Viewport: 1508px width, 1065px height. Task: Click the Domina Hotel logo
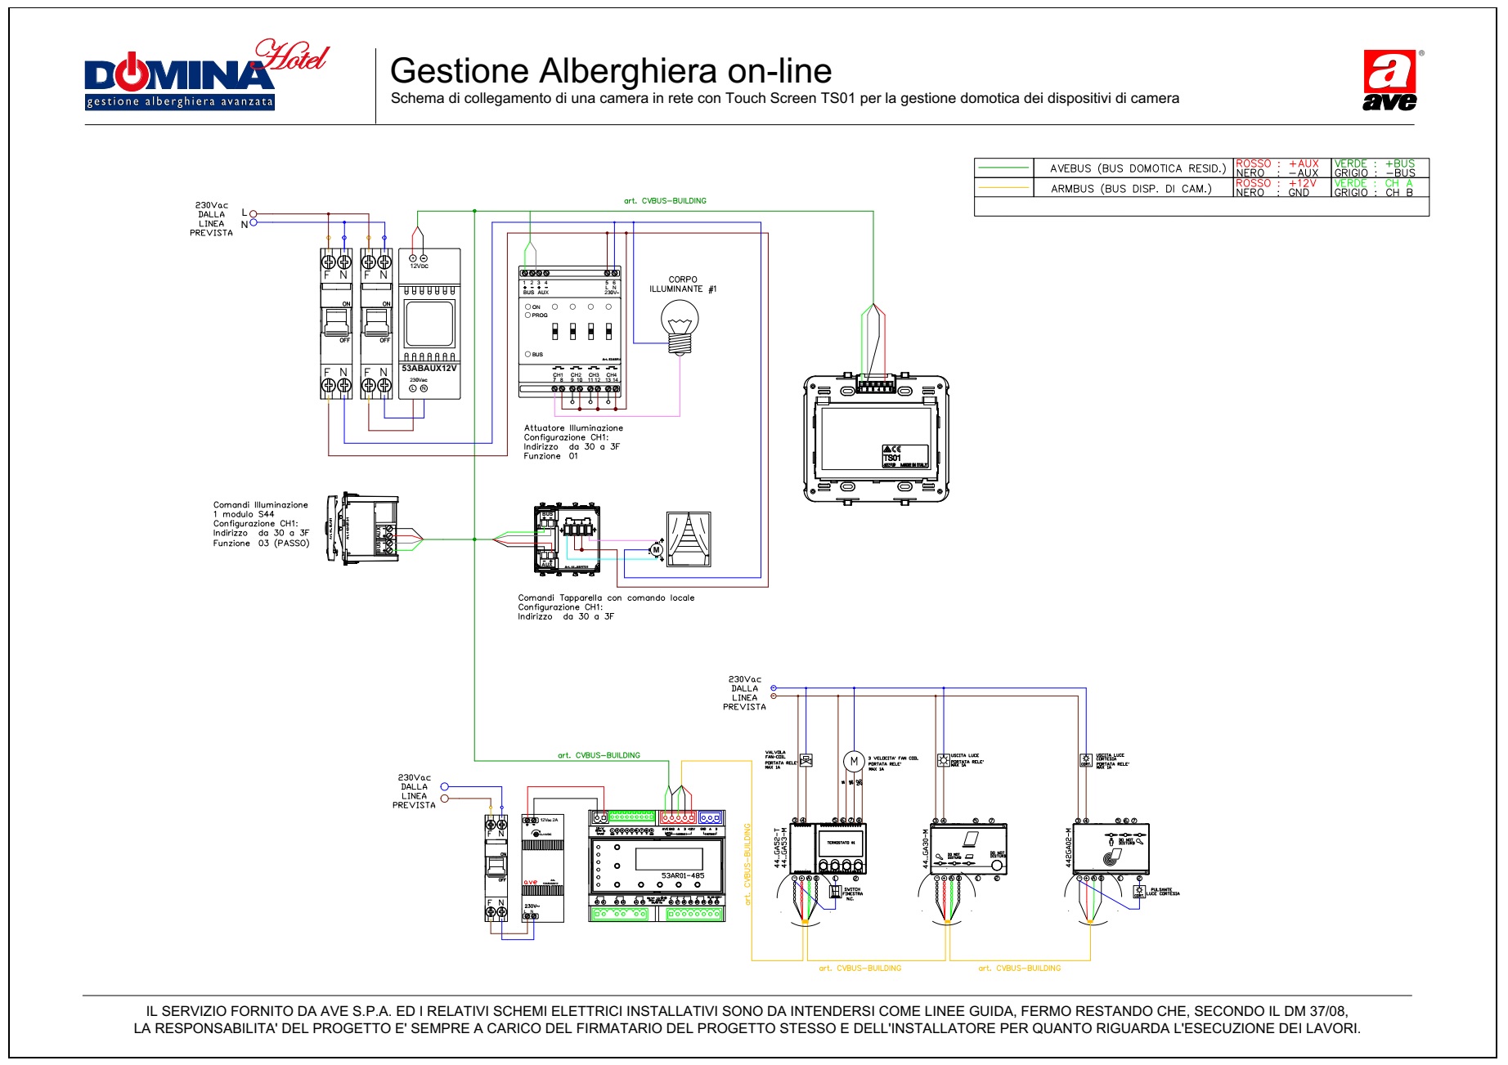[x=204, y=75]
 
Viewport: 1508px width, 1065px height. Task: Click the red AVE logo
[x=1389, y=80]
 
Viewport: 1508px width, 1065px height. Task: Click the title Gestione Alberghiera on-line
[x=610, y=71]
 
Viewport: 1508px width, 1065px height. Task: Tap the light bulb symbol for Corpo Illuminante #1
[x=680, y=325]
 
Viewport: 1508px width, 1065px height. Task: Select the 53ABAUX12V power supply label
[x=429, y=369]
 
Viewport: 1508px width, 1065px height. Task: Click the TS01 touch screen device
[x=876, y=439]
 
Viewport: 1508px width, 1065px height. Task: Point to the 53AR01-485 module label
[x=682, y=875]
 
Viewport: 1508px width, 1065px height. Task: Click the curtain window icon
[x=689, y=539]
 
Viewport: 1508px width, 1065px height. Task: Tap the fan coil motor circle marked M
[x=854, y=762]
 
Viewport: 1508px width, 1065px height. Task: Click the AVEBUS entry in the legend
[x=1138, y=168]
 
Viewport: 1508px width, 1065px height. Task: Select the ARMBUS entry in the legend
[x=1131, y=189]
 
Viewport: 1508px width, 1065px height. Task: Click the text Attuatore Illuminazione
[x=573, y=428]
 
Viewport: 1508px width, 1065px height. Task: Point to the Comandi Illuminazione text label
[x=260, y=505]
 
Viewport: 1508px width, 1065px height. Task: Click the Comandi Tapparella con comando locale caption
[x=606, y=598]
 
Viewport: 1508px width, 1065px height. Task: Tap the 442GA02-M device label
[x=1068, y=849]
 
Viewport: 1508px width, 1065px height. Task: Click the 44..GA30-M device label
[x=927, y=848]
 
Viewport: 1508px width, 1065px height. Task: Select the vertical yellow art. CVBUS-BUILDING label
[x=747, y=864]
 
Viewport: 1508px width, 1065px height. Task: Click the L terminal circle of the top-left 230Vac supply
[x=253, y=214]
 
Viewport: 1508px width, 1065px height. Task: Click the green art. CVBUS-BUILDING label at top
[x=665, y=201]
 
